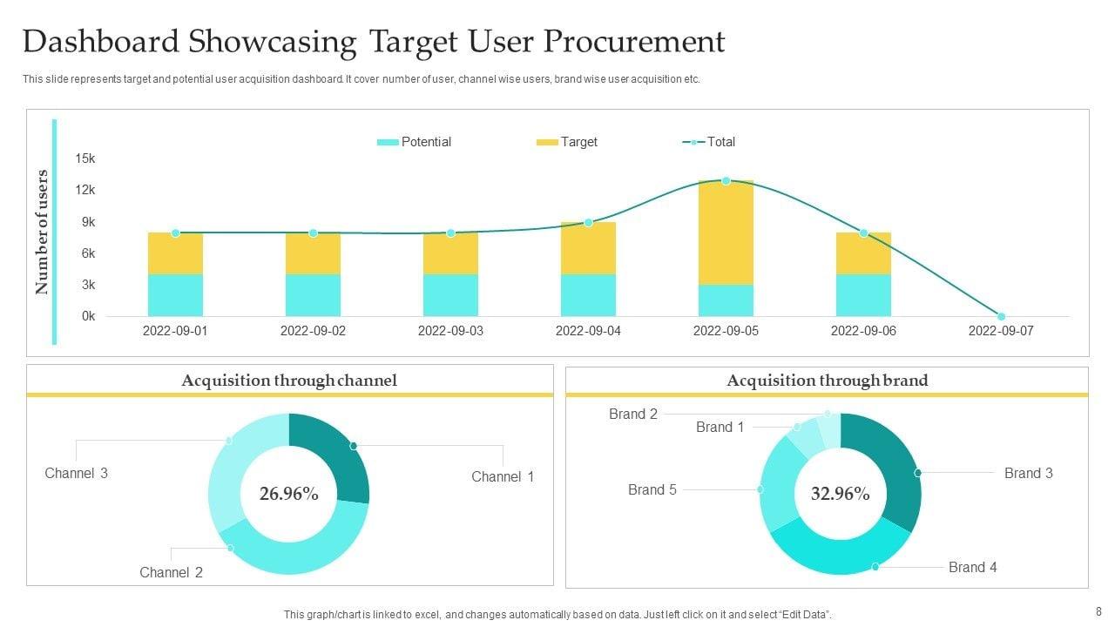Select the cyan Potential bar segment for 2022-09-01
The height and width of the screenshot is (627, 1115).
(x=175, y=295)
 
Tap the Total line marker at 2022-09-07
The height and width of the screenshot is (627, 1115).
(x=1001, y=316)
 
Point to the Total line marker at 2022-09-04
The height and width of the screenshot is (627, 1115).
(x=588, y=223)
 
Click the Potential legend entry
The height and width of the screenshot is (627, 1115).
(x=415, y=142)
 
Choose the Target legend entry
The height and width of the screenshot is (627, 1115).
(x=567, y=142)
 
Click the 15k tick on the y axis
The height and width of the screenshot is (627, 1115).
(x=85, y=158)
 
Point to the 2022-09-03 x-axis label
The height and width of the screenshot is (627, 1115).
(x=450, y=331)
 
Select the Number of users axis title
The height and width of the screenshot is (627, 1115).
(x=42, y=232)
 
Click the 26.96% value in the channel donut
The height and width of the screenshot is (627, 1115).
(x=288, y=495)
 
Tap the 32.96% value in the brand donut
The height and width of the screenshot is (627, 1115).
(x=840, y=495)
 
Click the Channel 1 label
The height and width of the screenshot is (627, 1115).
(x=503, y=476)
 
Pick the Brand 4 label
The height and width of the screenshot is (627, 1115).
(x=972, y=568)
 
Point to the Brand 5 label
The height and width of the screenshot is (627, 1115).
(x=652, y=490)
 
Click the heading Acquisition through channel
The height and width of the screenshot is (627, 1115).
(x=289, y=381)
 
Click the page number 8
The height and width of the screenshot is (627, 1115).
(x=1098, y=611)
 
